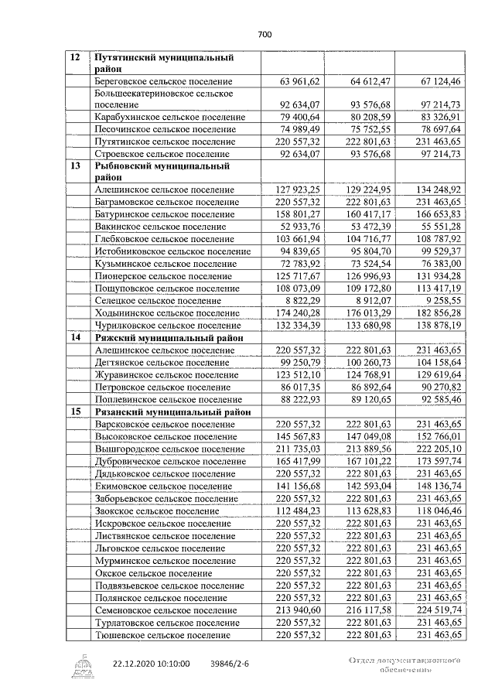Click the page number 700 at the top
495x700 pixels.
pos(265,34)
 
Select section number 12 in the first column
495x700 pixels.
pos(75,58)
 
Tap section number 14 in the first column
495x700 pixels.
pos(75,338)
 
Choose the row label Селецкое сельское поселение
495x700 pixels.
pos(156,300)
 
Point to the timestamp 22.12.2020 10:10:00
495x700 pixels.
pos(151,664)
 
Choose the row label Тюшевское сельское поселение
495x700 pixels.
pos(162,635)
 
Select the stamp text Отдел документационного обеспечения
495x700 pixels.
pos(405,666)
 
